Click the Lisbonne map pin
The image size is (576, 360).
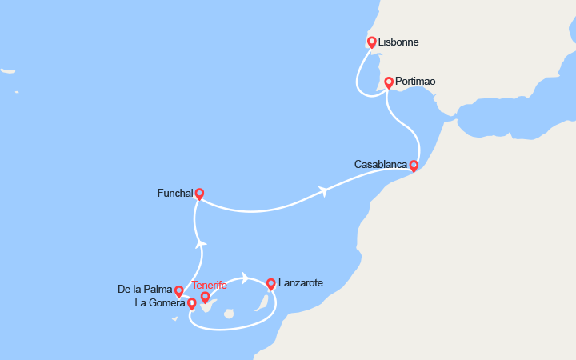(x=371, y=42)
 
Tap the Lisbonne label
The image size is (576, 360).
(x=399, y=42)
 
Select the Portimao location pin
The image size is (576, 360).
(x=389, y=82)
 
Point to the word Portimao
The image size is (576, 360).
(x=416, y=82)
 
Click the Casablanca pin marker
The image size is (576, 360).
(x=414, y=166)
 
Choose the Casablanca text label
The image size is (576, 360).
(x=380, y=165)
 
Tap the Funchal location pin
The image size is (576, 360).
(x=199, y=193)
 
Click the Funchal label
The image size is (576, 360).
(x=175, y=193)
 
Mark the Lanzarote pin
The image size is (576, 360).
(x=271, y=283)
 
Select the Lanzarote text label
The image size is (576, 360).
(x=301, y=283)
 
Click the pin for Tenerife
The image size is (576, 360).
(x=206, y=298)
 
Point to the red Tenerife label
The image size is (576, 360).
(x=210, y=285)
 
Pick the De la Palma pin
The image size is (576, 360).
(x=179, y=291)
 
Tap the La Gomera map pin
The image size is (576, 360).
(x=192, y=303)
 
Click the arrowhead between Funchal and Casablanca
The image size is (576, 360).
(x=323, y=191)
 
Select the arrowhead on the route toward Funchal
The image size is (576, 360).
(x=202, y=243)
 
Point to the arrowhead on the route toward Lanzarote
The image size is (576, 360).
(x=245, y=278)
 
